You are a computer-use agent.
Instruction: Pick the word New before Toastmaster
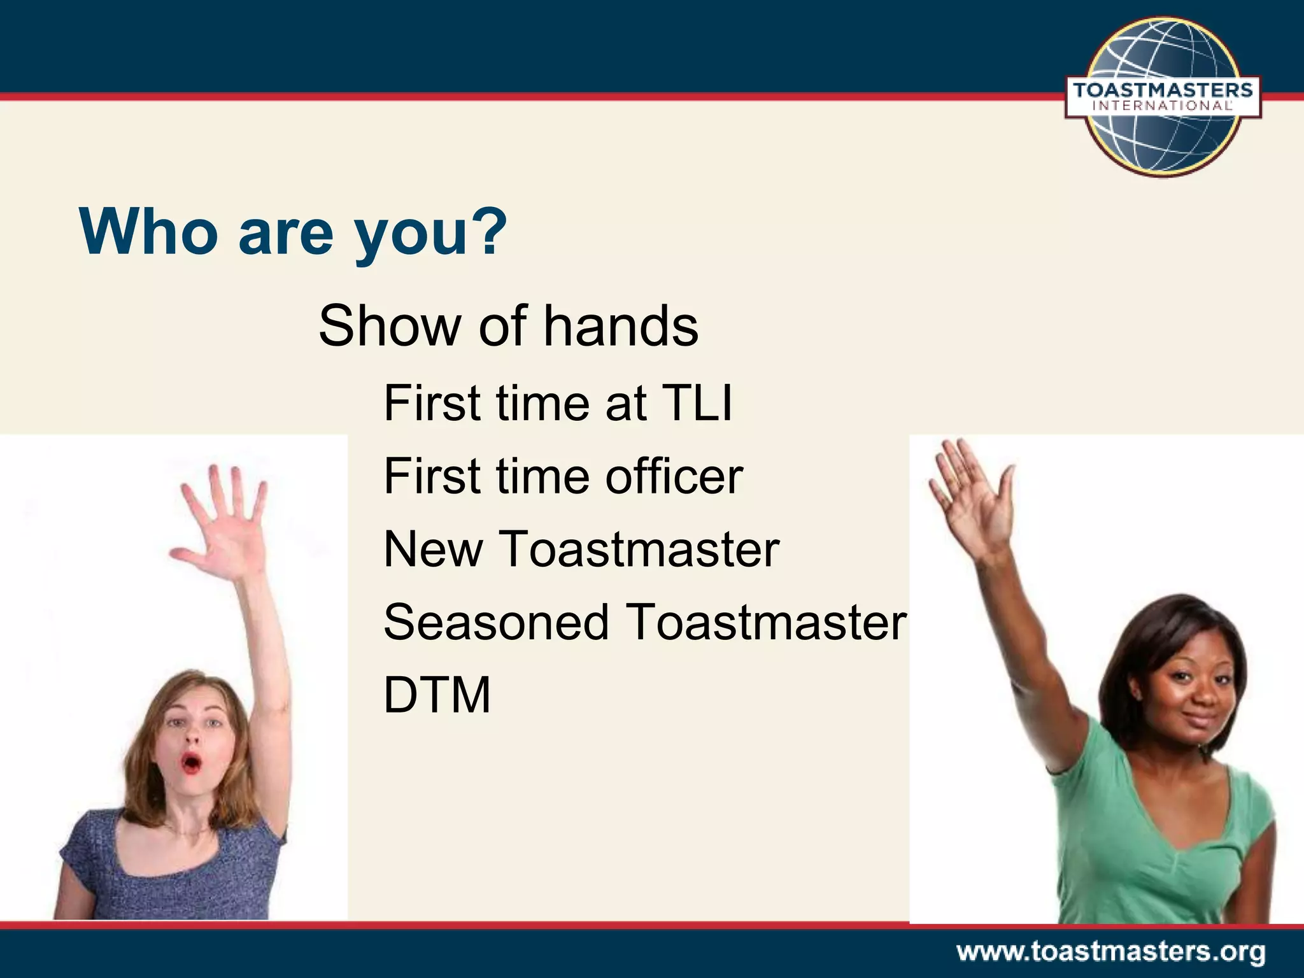433,549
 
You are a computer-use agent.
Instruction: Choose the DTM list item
437,695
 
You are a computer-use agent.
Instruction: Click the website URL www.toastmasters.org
1110,953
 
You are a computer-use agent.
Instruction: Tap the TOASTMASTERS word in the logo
1163,90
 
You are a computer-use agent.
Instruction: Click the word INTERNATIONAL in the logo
1163,106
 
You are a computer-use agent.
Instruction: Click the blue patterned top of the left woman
172,872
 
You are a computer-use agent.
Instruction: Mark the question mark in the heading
491,230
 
